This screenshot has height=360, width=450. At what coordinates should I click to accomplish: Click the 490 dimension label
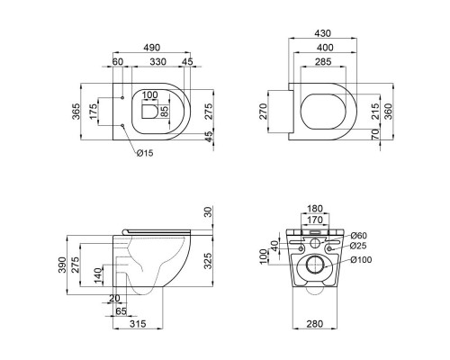pyautogui.click(x=152, y=48)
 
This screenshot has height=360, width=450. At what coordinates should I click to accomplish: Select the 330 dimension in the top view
pyautogui.click(x=157, y=62)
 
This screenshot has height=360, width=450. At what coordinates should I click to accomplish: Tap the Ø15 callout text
pyautogui.click(x=145, y=153)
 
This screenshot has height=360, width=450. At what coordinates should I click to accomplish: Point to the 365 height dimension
pyautogui.click(x=76, y=112)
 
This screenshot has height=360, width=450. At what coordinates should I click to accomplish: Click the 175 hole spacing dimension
pyautogui.click(x=94, y=112)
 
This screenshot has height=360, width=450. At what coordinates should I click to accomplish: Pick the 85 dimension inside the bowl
pyautogui.click(x=165, y=111)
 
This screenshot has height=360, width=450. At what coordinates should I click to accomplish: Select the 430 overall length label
pyautogui.click(x=322, y=33)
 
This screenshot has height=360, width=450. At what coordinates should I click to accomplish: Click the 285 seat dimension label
pyautogui.click(x=323, y=61)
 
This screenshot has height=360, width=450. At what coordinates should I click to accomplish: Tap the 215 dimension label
pyautogui.click(x=375, y=112)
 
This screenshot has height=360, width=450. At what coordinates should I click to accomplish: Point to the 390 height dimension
pyautogui.click(x=62, y=265)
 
